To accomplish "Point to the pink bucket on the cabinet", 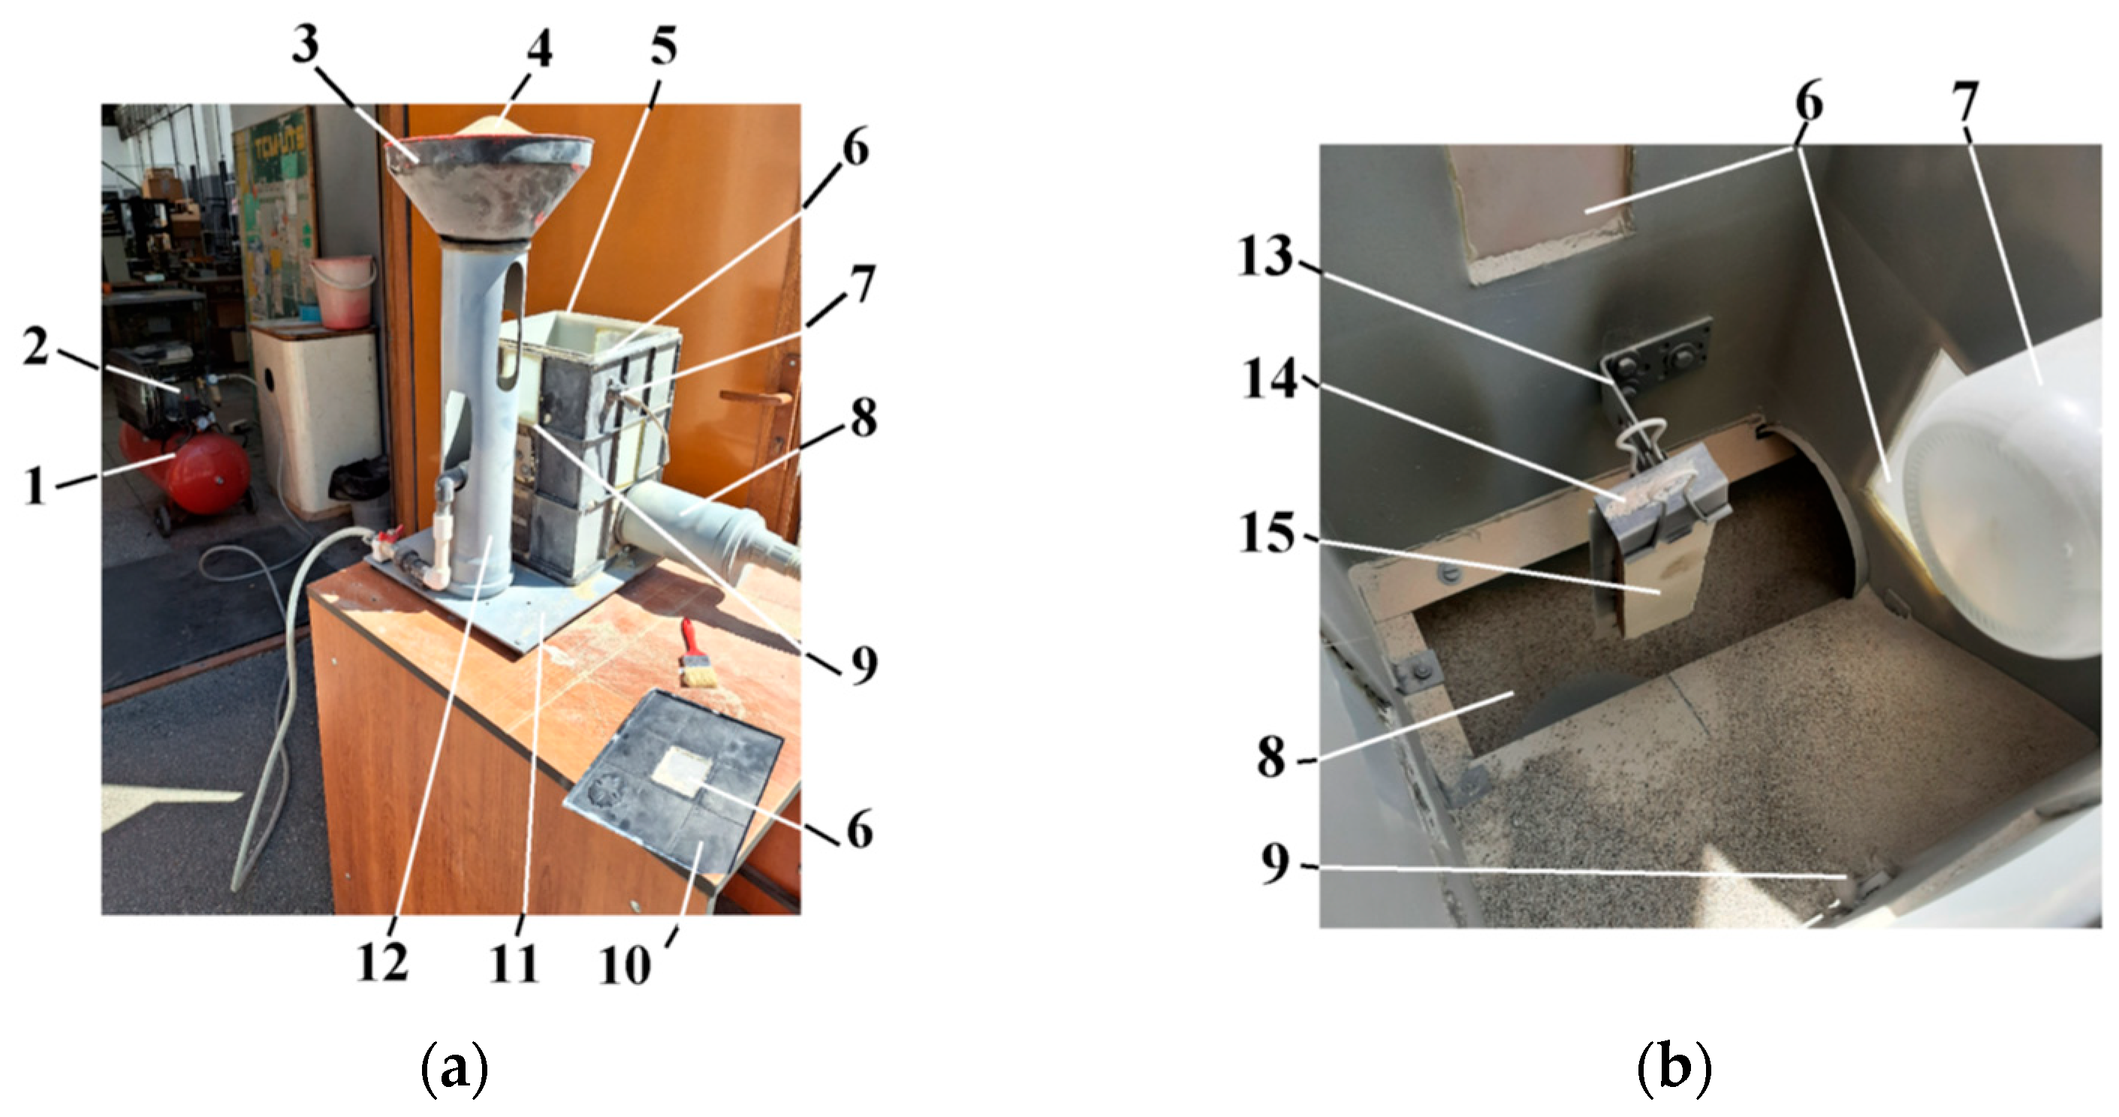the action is (x=344, y=291).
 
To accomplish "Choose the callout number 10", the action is (x=625, y=964).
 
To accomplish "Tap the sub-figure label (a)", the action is (x=455, y=1068).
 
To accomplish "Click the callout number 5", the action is (x=663, y=45).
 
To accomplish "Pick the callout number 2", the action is (x=35, y=350).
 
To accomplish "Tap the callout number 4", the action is (x=539, y=51).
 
